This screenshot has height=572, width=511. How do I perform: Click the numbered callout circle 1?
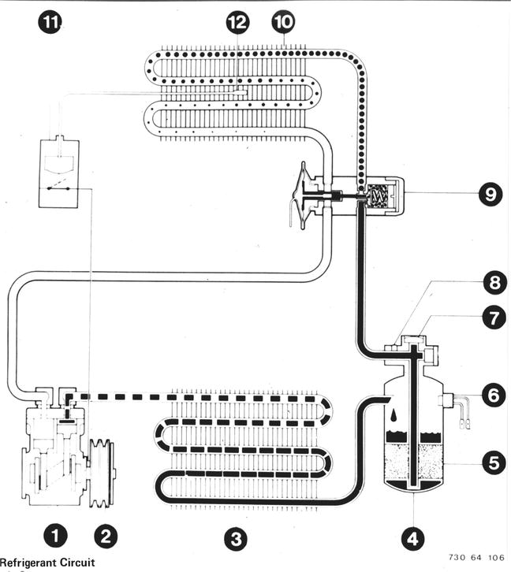[x=55, y=537]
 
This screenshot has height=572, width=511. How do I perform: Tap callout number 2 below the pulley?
[x=106, y=537]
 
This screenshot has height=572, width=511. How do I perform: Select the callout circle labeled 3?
[x=236, y=539]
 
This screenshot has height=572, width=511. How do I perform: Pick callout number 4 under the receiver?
[x=412, y=538]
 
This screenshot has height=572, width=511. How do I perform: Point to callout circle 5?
[x=494, y=463]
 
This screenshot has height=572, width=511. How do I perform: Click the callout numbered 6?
[x=494, y=395]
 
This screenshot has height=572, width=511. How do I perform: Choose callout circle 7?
[x=494, y=318]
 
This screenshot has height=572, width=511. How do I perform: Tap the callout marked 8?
[x=494, y=282]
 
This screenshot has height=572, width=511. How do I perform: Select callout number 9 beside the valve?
[x=490, y=194]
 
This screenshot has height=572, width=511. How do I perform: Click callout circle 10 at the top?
[x=283, y=22]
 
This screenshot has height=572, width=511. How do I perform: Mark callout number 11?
[x=50, y=22]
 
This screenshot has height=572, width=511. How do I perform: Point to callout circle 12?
[x=237, y=22]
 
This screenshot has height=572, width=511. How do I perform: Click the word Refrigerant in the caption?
[x=27, y=562]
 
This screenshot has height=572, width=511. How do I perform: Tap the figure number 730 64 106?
[x=476, y=557]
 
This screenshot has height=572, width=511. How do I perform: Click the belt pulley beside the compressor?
[x=102, y=474]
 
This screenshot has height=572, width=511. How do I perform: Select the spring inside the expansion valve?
[x=378, y=197]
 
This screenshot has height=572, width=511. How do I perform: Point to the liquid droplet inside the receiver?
[x=395, y=415]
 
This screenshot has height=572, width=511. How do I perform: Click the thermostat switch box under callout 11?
[x=59, y=173]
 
